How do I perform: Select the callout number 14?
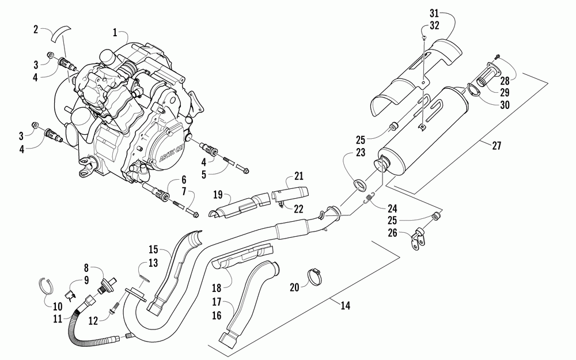click(344, 306)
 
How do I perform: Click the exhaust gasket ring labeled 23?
click(359, 185)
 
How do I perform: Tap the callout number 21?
click(298, 176)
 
